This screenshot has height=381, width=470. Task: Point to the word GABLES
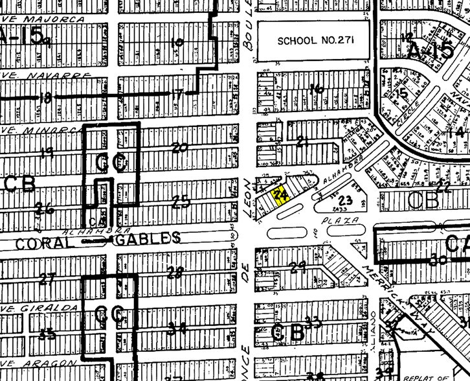[148, 238]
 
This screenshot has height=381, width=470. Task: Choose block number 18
[45, 98]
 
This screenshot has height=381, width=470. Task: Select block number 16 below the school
[316, 89]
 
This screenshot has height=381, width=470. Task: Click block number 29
[298, 267]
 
